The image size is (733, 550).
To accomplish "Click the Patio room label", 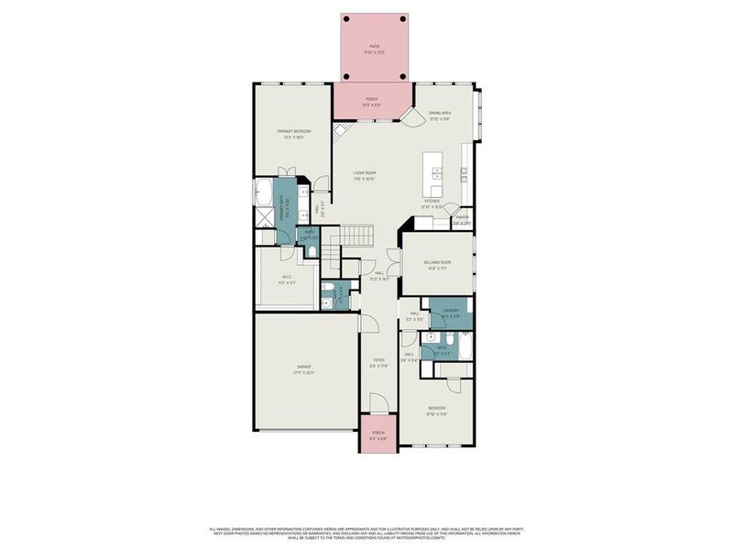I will pyautogui.click(x=374, y=46).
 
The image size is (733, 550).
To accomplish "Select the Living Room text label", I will pyautogui.click(x=366, y=172).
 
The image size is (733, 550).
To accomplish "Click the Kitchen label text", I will pyautogui.click(x=432, y=201).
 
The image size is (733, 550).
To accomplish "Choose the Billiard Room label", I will pyautogui.click(x=438, y=262).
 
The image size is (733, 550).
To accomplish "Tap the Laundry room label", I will pyautogui.click(x=450, y=311).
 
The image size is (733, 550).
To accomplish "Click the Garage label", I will pyautogui.click(x=303, y=367).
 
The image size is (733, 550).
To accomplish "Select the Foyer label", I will pyautogui.click(x=378, y=360).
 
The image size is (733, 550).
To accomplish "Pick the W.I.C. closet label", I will pyautogui.click(x=287, y=278).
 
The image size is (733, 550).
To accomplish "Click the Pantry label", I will pyautogui.click(x=462, y=218).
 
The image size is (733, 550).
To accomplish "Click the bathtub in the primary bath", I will pyautogui.click(x=263, y=192).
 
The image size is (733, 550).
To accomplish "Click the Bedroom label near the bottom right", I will pyautogui.click(x=436, y=408).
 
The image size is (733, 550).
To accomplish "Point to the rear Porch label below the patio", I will pyautogui.click(x=372, y=99).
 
